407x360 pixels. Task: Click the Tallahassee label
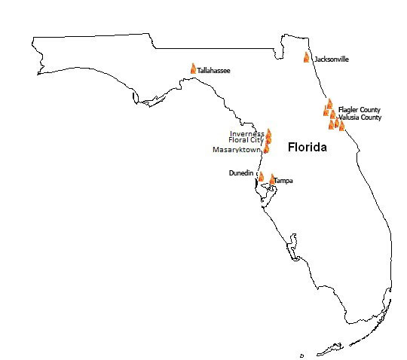[x=213, y=71]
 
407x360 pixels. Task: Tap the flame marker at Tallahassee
[x=193, y=69]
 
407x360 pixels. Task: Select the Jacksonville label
[x=331, y=59]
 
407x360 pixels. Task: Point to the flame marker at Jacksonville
[x=307, y=56]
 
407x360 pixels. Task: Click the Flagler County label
[x=360, y=110]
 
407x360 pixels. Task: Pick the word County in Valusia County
[x=370, y=117]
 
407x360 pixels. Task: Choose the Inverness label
[x=247, y=133]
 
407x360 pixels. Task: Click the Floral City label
[x=245, y=141]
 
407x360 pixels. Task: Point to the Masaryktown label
[x=236, y=150]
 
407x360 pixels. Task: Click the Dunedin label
[x=240, y=173]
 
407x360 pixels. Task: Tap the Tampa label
[x=283, y=181]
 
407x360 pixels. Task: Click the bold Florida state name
[x=307, y=148]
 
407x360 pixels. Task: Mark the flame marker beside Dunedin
[x=261, y=176]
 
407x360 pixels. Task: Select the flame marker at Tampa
[x=272, y=179]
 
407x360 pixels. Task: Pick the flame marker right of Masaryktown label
[x=266, y=148]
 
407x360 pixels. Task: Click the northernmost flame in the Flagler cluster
[x=329, y=104]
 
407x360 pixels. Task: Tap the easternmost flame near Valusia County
[x=341, y=126]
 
